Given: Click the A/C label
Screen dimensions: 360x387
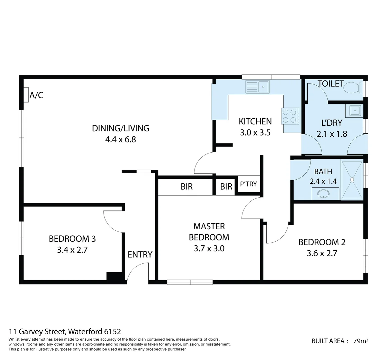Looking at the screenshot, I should click(36, 95).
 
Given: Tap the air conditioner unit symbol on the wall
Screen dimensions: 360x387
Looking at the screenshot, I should click(26, 95).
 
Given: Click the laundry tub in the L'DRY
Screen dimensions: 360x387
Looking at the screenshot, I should click(354, 110).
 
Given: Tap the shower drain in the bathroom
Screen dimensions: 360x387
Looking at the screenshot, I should click(351, 180).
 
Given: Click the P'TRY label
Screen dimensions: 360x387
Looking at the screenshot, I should click(248, 184).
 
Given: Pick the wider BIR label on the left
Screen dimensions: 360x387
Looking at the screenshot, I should click(187, 186).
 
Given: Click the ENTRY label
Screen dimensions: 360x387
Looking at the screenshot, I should click(140, 255).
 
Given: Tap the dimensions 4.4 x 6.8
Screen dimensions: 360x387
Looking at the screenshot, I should click(121, 139).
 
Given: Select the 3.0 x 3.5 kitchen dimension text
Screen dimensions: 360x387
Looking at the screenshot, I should click(255, 133).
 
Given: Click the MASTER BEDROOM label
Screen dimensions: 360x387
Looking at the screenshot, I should click(209, 232).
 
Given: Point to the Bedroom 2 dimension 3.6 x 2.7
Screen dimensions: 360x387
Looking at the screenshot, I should click(322, 253).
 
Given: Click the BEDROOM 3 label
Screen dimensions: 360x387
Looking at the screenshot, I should click(72, 239).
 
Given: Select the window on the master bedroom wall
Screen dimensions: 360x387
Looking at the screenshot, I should click(190, 282).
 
